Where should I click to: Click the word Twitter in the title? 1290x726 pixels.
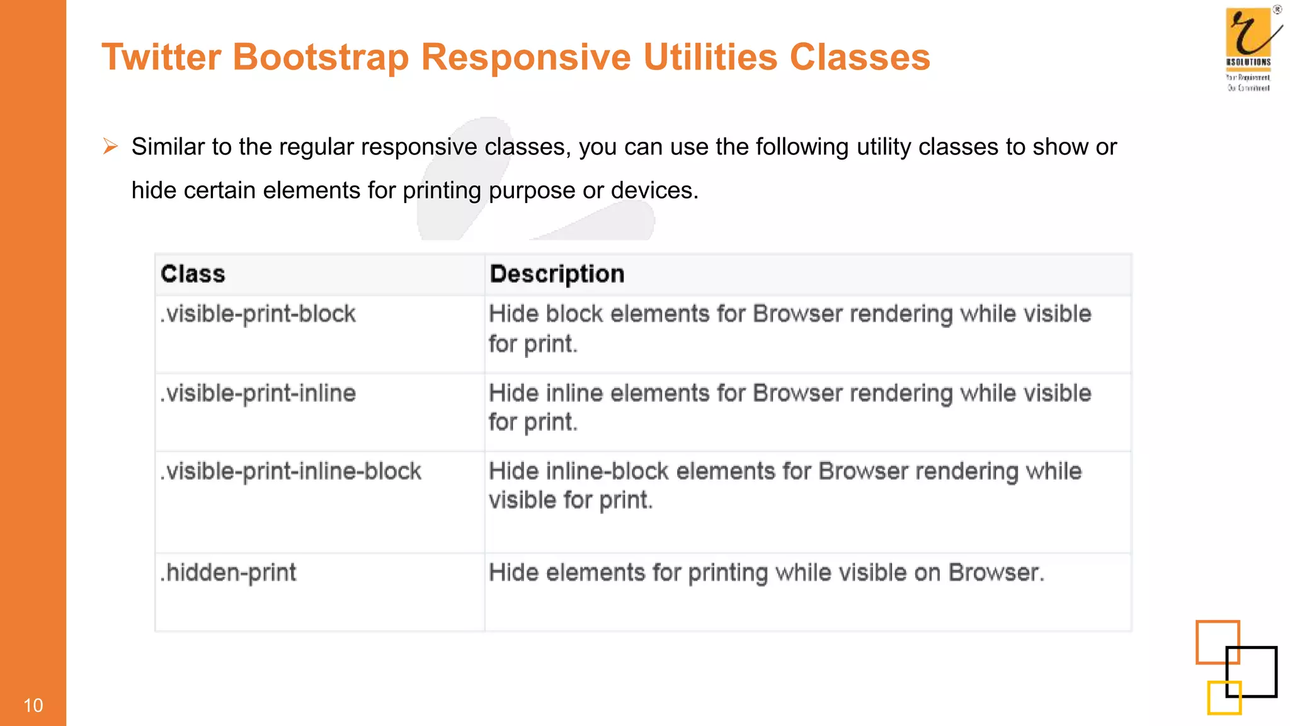tap(161, 57)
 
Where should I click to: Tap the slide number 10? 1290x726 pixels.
tap(33, 705)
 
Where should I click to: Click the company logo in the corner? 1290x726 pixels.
tap(1250, 49)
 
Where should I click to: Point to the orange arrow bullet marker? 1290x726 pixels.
tap(111, 147)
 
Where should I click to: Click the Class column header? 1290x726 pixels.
tap(193, 274)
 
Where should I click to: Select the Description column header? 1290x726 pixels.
tap(557, 274)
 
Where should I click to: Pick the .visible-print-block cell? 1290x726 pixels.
tap(258, 314)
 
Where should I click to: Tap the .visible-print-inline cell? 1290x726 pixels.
tap(258, 393)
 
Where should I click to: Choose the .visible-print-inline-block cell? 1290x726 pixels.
tap(290, 471)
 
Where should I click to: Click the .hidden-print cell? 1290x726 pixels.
tap(228, 573)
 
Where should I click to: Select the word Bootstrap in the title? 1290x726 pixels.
tap(321, 57)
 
